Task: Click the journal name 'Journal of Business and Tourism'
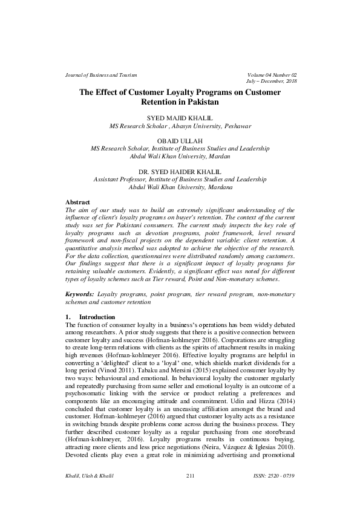tap(101, 74)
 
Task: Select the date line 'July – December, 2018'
tap(271, 81)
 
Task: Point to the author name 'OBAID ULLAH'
tap(180, 140)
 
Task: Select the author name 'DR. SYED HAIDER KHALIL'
tap(180, 172)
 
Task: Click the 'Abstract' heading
tap(77, 201)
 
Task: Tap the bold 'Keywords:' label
tap(80, 293)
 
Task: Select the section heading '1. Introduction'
tap(89, 317)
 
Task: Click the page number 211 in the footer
tap(192, 477)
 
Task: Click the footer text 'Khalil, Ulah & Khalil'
tap(90, 477)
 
